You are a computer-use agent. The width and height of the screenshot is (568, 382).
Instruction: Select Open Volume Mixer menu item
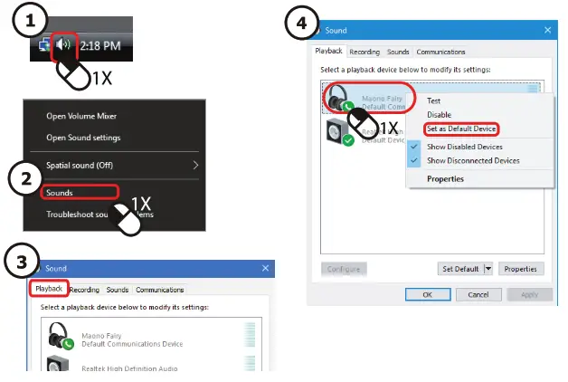[x=81, y=116]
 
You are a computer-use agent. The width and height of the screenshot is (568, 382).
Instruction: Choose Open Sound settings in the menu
[x=83, y=138]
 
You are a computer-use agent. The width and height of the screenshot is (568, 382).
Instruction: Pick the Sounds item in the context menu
[x=60, y=193]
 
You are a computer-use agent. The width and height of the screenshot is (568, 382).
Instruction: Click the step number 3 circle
[x=20, y=262]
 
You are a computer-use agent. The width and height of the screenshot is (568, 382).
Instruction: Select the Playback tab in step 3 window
[x=48, y=290]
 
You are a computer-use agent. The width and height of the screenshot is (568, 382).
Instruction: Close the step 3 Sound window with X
[x=265, y=269]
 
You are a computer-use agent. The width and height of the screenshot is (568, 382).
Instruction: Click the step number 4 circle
[x=301, y=23]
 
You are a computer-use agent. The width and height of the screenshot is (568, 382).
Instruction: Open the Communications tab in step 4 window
[x=440, y=52]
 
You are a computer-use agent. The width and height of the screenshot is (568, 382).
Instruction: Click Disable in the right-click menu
[x=439, y=115]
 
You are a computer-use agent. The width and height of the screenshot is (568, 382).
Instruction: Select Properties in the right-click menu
[x=445, y=179]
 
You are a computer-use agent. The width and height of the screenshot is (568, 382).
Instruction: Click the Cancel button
[x=478, y=294]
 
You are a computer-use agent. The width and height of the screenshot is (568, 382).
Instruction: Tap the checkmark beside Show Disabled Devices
[x=415, y=147]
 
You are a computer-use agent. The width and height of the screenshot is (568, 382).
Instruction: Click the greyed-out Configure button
[x=344, y=269]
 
